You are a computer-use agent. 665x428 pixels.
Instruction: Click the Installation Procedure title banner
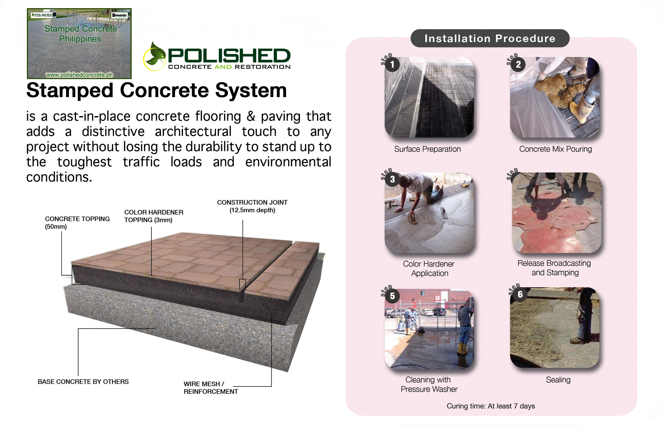[x=489, y=38]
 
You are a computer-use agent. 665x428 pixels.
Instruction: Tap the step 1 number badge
[x=392, y=64]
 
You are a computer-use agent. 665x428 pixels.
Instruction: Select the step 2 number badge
[x=518, y=64]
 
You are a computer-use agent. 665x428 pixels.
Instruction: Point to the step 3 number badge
[x=392, y=179]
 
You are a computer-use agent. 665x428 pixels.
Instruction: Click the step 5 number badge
[x=392, y=296]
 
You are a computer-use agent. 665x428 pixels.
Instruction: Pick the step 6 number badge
[x=520, y=294]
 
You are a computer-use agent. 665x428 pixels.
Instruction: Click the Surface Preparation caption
[x=427, y=149]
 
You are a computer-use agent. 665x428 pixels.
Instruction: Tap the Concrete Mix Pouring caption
[x=555, y=149]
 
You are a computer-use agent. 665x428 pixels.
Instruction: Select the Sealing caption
[x=558, y=380]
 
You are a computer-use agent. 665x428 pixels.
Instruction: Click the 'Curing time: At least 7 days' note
[x=490, y=406]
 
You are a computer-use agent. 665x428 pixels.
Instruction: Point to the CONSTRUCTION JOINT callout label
[x=252, y=206]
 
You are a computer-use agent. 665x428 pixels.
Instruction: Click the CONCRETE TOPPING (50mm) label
[x=77, y=223]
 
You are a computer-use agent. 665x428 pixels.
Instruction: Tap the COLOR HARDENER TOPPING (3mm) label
[x=154, y=216]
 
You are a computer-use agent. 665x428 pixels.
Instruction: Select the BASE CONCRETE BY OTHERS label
[x=83, y=382]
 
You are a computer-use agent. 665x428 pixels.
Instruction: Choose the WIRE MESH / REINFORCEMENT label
[x=211, y=388]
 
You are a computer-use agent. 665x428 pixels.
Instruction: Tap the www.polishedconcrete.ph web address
[x=79, y=75]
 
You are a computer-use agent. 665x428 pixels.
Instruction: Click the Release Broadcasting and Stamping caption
[x=554, y=268]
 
